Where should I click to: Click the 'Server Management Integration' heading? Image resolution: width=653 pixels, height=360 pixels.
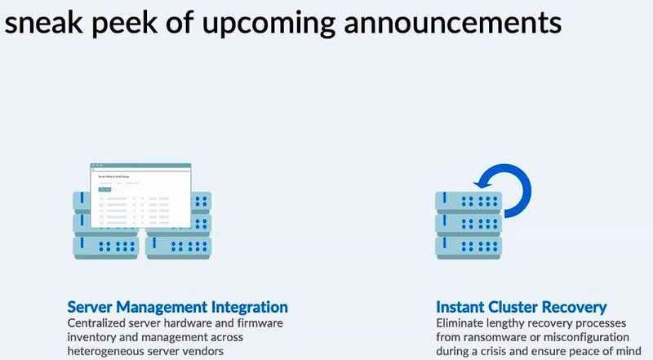177,307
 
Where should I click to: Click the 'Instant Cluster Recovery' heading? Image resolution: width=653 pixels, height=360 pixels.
521,307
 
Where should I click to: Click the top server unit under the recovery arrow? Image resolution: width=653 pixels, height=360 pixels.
468,201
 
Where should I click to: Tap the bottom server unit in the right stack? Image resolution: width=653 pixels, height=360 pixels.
468,245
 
